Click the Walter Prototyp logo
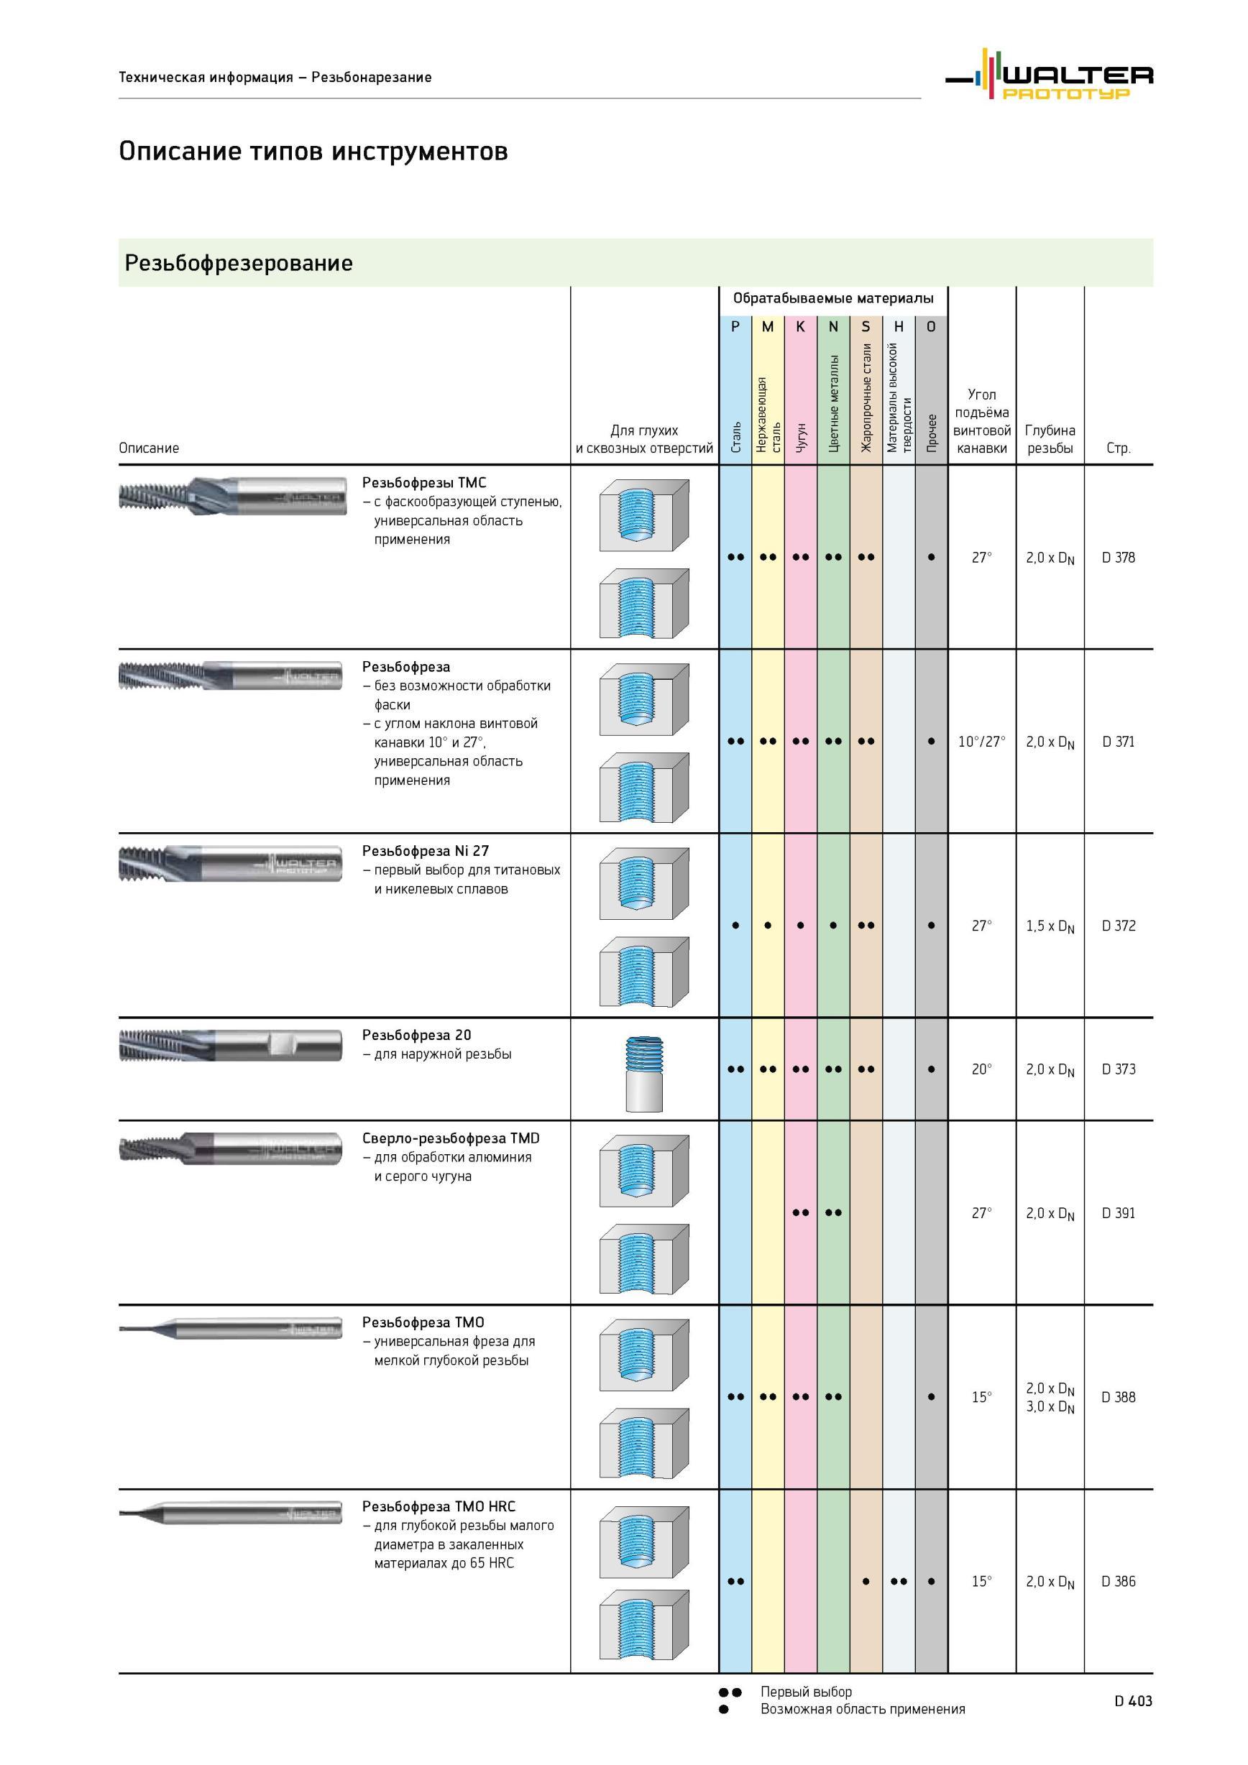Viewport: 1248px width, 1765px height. [x=1049, y=75]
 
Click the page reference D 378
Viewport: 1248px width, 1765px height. [x=1118, y=558]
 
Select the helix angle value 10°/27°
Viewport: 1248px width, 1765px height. [x=981, y=742]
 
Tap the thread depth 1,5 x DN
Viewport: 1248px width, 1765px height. [x=1050, y=926]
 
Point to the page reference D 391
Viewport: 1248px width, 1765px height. [x=1118, y=1213]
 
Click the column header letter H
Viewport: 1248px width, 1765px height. [x=898, y=327]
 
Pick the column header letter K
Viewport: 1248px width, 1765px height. [x=800, y=327]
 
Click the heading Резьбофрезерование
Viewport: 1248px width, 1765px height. [x=239, y=263]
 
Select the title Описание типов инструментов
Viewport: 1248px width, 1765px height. [x=313, y=151]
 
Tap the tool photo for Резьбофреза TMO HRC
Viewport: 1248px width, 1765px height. [x=231, y=1513]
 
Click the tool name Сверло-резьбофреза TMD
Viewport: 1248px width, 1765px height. [x=451, y=1138]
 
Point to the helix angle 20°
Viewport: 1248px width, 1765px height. [x=981, y=1069]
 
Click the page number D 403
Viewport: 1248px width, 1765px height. [x=1134, y=1701]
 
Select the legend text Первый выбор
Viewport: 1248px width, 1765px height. [x=806, y=1692]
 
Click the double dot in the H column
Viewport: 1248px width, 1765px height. [x=898, y=1581]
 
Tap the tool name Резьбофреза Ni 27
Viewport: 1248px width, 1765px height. [x=426, y=851]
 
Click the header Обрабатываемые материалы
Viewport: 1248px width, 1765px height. [x=832, y=298]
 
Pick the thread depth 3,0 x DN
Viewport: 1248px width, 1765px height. [x=1050, y=1408]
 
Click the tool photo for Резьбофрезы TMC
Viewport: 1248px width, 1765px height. [x=231, y=496]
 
